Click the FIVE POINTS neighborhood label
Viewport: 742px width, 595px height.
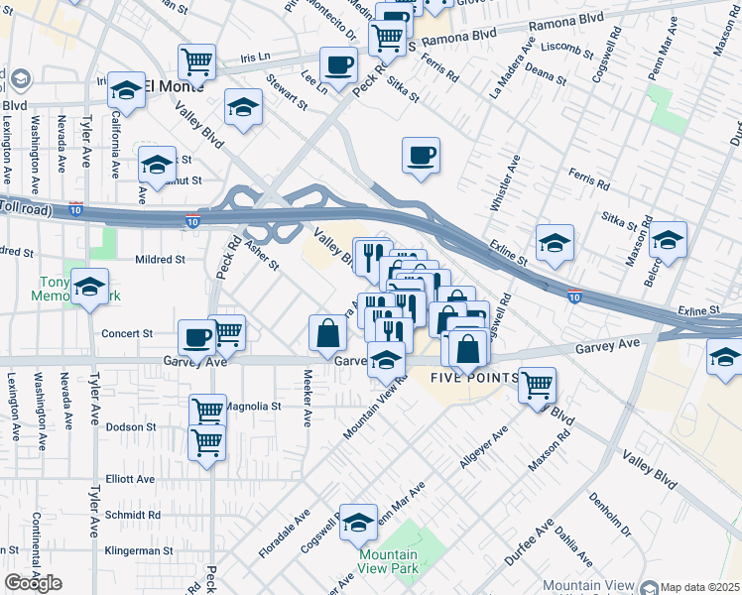pyautogui.click(x=474, y=379)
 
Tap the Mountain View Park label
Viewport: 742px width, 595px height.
pyautogui.click(x=388, y=562)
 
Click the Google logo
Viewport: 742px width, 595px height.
pyautogui.click(x=33, y=583)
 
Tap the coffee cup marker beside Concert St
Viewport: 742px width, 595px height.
pyautogui.click(x=196, y=338)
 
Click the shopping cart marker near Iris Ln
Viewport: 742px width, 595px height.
pyautogui.click(x=196, y=61)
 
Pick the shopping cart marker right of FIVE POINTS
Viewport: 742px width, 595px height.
pyautogui.click(x=537, y=385)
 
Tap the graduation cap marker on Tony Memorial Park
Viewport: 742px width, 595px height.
pyautogui.click(x=90, y=288)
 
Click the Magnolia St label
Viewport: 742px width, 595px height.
pyautogui.click(x=254, y=406)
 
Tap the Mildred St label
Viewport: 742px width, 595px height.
pyautogui.click(x=160, y=260)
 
